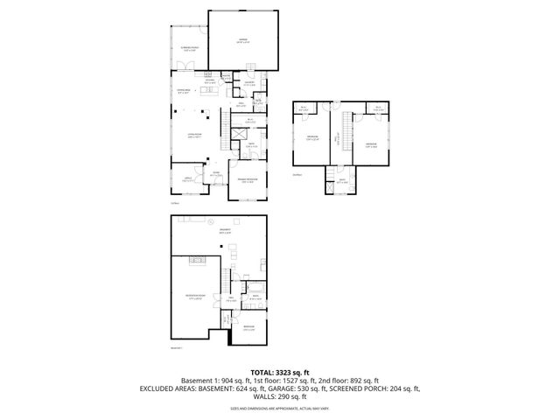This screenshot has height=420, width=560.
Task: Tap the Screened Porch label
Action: (x=187, y=49)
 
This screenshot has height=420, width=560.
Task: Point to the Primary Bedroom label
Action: (x=248, y=181)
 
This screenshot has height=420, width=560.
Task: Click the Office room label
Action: (x=186, y=179)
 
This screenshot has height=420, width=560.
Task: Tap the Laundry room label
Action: (x=249, y=84)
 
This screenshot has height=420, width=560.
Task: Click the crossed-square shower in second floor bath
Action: (x=328, y=186)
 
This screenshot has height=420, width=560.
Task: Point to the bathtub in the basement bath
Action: (x=257, y=289)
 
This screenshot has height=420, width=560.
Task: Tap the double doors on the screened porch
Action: (x=185, y=66)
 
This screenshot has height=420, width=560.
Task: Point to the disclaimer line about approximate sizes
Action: (x=279, y=408)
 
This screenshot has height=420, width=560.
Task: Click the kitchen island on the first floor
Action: (x=210, y=90)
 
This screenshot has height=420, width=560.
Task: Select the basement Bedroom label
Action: (x=248, y=329)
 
